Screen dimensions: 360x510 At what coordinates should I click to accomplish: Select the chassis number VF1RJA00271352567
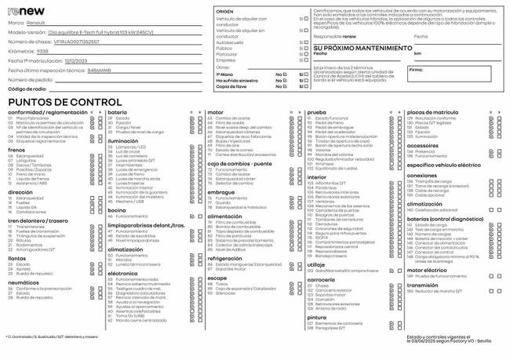(82, 42)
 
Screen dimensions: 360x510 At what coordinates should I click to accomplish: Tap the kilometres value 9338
(43, 50)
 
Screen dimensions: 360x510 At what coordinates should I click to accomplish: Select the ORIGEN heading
(224, 13)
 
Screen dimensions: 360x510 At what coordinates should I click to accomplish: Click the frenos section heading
(16, 150)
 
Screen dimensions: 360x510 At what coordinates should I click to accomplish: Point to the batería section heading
(117, 113)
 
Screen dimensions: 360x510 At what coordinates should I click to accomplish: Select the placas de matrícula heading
(434, 113)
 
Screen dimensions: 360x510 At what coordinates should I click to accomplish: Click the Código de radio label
(28, 89)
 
